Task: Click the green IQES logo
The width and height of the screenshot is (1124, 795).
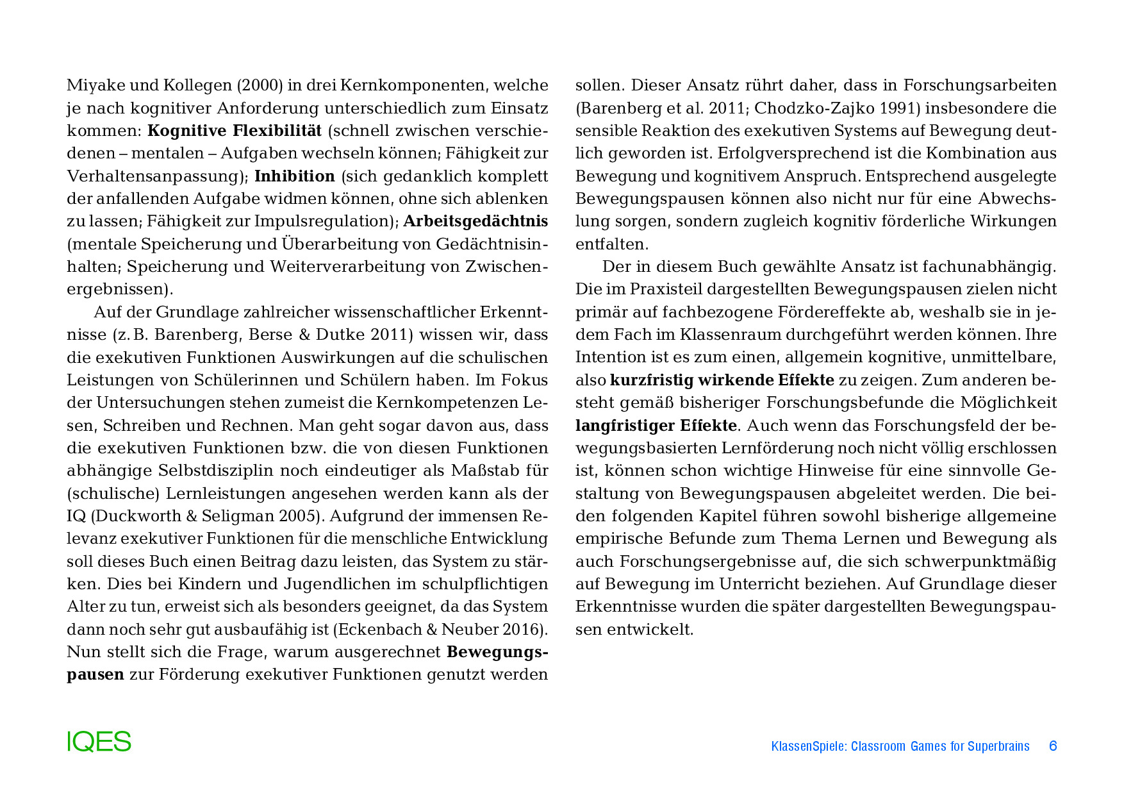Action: (x=99, y=742)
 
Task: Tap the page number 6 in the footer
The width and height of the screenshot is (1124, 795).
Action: (x=1052, y=746)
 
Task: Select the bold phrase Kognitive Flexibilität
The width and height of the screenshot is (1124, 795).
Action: (x=234, y=131)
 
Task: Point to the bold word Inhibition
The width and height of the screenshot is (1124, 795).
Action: (x=295, y=176)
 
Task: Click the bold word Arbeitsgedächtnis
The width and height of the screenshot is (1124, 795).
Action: (x=475, y=221)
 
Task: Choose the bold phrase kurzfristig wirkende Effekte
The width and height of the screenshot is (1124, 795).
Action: (x=722, y=380)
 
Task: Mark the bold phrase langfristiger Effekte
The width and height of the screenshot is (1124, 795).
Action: (x=656, y=426)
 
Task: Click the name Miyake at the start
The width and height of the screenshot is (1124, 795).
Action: (x=92, y=85)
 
